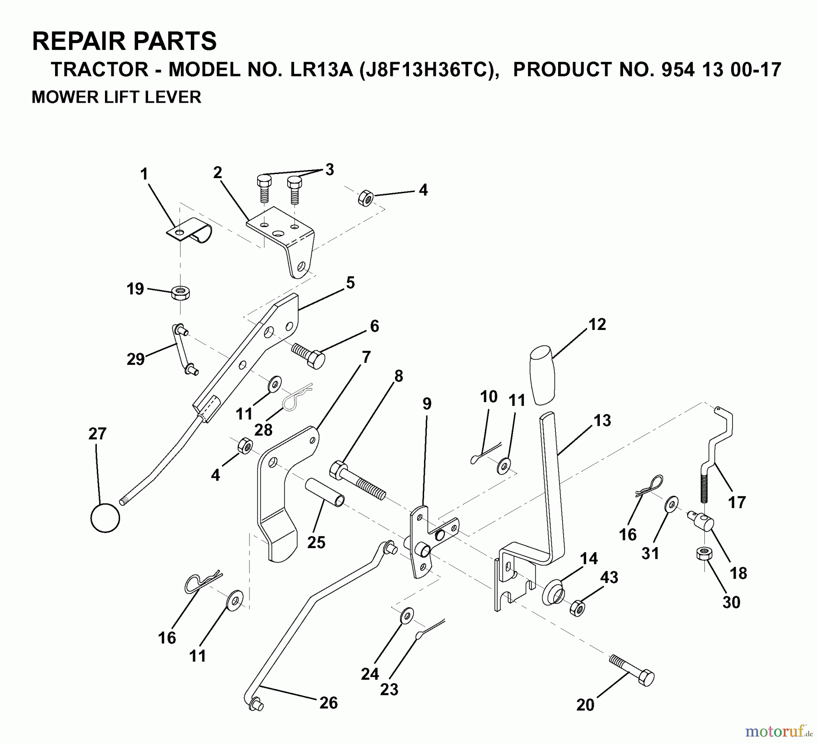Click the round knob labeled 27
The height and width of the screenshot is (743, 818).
pyautogui.click(x=105, y=518)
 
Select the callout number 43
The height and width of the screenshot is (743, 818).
pyautogui.click(x=609, y=578)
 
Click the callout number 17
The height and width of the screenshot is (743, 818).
pyautogui.click(x=737, y=502)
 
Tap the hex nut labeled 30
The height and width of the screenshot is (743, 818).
pyautogui.click(x=704, y=554)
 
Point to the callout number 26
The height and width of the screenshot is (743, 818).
pyautogui.click(x=328, y=703)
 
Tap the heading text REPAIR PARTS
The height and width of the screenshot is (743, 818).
pyautogui.click(x=124, y=41)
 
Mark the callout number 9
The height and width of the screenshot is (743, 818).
pyautogui.click(x=426, y=404)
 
